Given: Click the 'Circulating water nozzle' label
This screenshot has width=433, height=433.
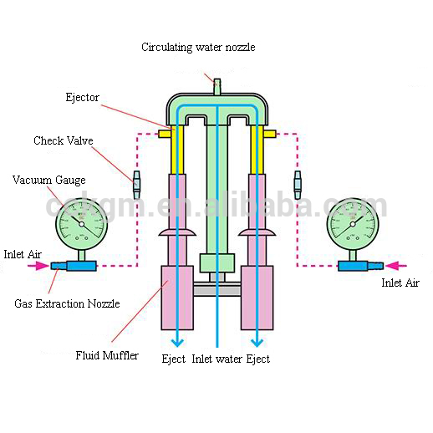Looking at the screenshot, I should point(197,48).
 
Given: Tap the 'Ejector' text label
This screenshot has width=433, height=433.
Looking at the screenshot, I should point(82,98).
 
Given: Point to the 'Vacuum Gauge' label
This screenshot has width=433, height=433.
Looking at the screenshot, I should point(48,180).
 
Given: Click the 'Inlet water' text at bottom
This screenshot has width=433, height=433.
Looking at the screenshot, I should point(216,359).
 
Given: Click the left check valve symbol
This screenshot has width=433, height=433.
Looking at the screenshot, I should point(136,179).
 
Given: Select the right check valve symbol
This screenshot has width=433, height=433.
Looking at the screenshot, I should point(297,179).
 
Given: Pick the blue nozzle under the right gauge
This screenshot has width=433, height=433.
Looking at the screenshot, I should point(360,267).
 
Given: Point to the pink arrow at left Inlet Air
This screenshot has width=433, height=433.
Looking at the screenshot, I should point(38,267).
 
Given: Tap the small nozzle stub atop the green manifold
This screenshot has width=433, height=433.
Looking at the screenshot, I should point(216,85).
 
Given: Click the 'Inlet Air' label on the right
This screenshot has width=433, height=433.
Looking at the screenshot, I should point(401,283).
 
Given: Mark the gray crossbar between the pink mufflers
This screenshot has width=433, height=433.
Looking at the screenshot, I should point(216,289).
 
